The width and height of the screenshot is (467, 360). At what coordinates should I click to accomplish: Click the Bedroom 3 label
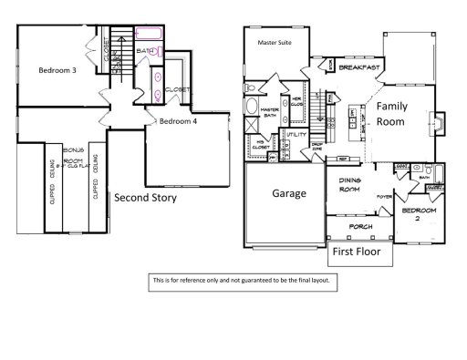(57, 69)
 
